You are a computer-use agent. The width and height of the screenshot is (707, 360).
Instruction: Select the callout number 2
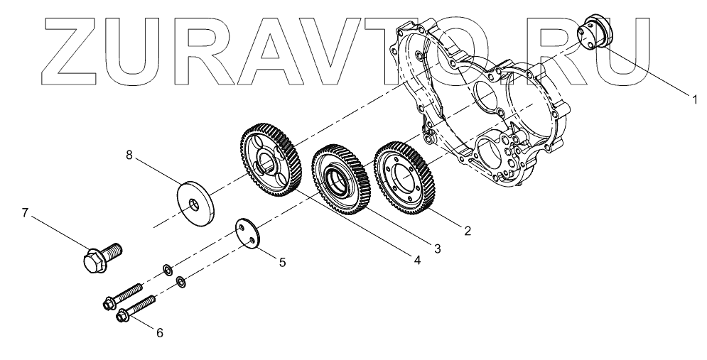click(466, 230)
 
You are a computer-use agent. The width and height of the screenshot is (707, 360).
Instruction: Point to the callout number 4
click(417, 261)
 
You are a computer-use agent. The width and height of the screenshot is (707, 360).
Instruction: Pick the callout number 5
click(282, 262)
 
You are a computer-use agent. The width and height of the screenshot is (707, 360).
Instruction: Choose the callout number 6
click(159, 332)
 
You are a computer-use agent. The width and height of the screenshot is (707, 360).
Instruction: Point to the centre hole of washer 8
click(193, 204)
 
